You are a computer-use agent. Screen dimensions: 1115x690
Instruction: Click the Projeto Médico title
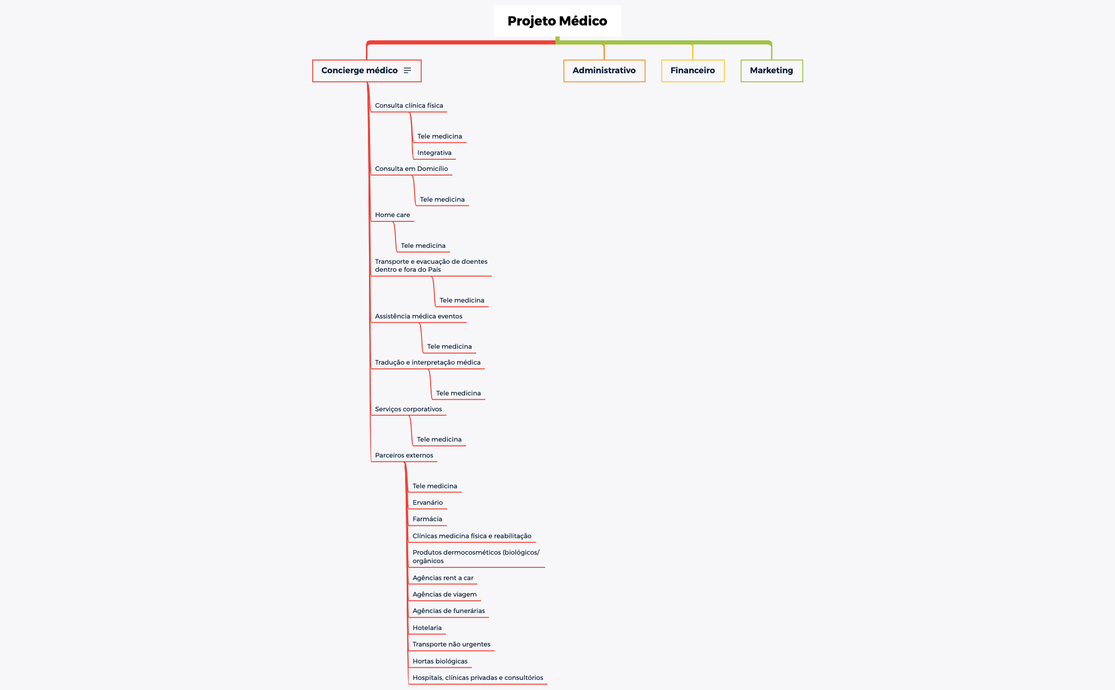click(x=557, y=21)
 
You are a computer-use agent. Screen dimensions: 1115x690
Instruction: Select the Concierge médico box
click(x=367, y=71)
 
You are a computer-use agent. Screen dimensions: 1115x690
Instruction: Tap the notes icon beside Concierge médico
click(x=407, y=71)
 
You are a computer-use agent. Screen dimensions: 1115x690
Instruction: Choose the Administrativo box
click(x=604, y=71)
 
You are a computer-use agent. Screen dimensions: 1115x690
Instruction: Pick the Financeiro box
click(x=693, y=71)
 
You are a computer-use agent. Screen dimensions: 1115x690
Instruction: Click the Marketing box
click(x=771, y=71)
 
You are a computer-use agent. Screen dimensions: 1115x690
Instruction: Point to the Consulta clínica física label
click(x=409, y=106)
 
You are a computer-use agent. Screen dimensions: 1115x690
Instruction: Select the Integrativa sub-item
click(x=434, y=153)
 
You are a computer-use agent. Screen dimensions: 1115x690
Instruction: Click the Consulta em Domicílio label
click(x=411, y=169)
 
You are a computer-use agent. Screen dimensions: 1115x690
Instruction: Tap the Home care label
click(x=392, y=215)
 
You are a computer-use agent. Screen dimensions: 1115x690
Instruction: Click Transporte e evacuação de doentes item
click(x=431, y=265)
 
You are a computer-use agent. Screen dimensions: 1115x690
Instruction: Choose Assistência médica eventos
click(x=418, y=316)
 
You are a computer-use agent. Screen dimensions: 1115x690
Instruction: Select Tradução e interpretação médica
click(x=427, y=363)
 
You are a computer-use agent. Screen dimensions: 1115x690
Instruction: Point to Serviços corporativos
click(x=408, y=409)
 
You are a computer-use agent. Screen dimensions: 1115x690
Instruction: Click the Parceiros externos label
click(x=404, y=455)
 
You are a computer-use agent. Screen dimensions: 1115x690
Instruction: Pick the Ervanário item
click(x=427, y=503)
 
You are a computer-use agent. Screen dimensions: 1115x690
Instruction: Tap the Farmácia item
click(x=427, y=519)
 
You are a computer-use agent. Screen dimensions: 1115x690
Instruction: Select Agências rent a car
click(x=443, y=578)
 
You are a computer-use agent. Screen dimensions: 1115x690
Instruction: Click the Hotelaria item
click(x=427, y=628)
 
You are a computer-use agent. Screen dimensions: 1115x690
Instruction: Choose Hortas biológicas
click(x=440, y=661)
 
